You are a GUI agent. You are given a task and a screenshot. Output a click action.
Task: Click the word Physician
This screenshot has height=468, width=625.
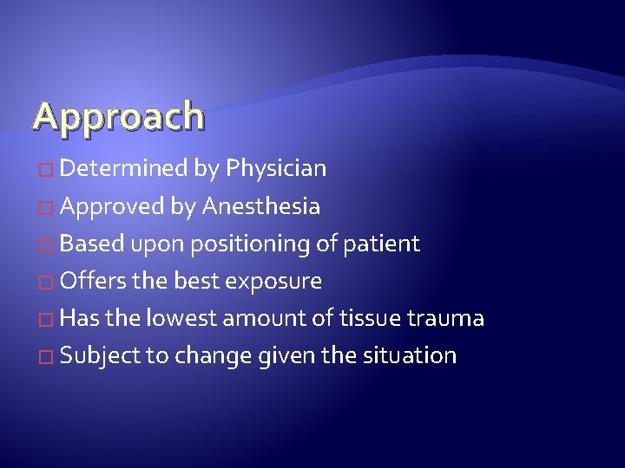click(275, 168)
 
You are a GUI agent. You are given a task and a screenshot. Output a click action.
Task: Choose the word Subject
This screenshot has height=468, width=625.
click(98, 356)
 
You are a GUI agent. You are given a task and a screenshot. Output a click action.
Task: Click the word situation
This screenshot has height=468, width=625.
click(413, 356)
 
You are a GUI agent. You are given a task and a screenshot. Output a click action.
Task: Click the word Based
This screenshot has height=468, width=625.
click(92, 244)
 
